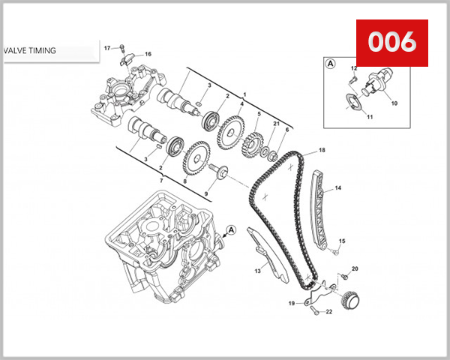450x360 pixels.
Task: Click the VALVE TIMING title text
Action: click(x=29, y=51)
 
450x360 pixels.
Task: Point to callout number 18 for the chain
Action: click(x=322, y=151)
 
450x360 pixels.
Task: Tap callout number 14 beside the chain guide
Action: click(x=338, y=187)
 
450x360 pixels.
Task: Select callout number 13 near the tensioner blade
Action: click(x=256, y=270)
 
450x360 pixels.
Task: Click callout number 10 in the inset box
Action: click(x=394, y=102)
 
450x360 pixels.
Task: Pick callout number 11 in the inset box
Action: click(x=370, y=116)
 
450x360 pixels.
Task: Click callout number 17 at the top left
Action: click(x=107, y=48)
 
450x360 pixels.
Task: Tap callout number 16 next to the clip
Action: click(x=148, y=54)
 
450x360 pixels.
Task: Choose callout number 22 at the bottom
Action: click(x=328, y=310)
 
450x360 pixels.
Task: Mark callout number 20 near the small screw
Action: click(x=355, y=268)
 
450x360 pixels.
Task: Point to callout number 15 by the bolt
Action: click(x=342, y=241)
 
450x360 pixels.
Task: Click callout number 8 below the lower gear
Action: click(x=184, y=181)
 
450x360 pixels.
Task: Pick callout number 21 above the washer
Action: click(x=276, y=123)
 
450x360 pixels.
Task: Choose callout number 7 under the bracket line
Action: click(x=162, y=182)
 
